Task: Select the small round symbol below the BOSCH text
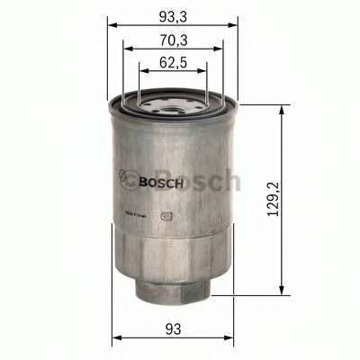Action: pos(165,215)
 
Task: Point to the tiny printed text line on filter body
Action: pos(136,212)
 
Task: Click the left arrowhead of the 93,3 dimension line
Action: pos(112,25)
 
